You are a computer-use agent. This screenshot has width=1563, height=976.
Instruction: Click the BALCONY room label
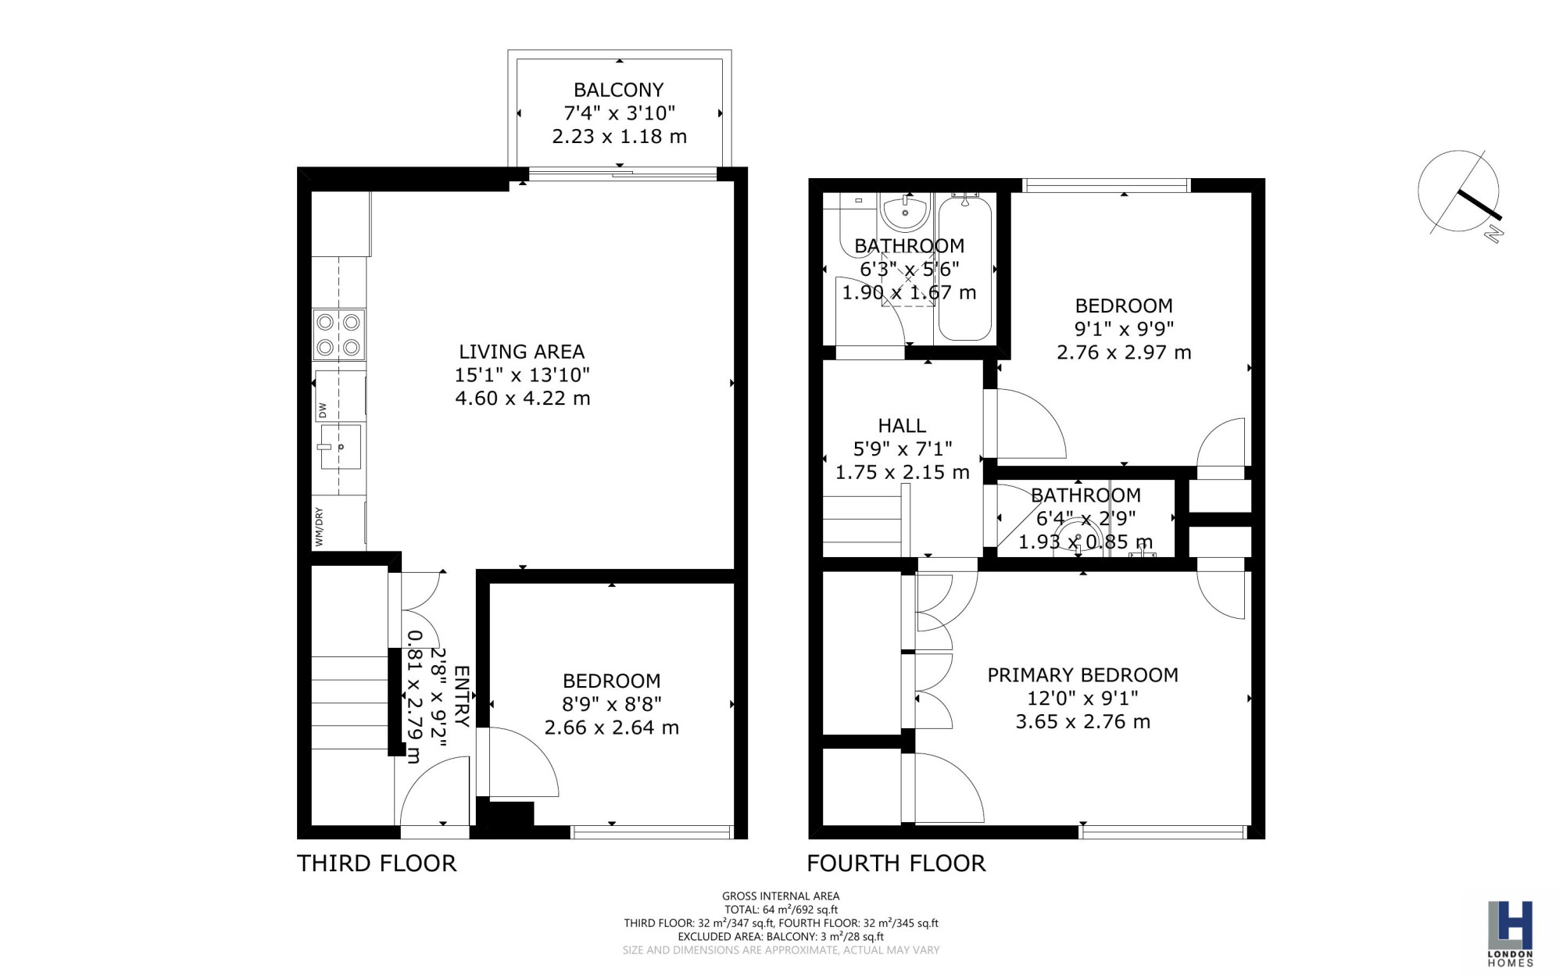tap(618, 90)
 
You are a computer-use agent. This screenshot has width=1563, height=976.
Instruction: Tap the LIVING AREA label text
tap(521, 352)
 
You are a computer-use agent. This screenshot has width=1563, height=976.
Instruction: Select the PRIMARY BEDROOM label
tap(1082, 675)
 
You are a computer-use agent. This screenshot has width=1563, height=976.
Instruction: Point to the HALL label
tap(902, 426)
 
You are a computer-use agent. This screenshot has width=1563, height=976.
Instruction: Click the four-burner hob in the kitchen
tap(338, 334)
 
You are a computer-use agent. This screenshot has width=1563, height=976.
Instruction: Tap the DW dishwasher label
tap(322, 409)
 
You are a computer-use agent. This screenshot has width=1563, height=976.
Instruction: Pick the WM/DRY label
tap(319, 527)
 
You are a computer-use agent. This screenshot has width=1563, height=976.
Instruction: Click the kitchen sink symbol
tap(341, 447)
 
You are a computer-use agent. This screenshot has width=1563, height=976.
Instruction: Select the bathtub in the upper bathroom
tap(965, 267)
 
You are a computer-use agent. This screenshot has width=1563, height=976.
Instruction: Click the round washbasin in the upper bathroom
tap(904, 212)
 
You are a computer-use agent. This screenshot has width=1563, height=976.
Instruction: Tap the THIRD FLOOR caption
tap(377, 863)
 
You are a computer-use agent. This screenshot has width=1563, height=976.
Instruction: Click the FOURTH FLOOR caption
tap(896, 863)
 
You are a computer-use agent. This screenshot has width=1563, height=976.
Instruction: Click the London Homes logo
tap(1510, 933)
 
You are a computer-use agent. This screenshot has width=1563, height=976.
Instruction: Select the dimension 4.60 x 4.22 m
tap(522, 399)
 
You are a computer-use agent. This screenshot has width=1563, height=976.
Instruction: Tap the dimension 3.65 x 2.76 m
tap(1082, 722)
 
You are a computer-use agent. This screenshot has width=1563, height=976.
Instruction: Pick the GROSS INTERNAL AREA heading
tap(781, 896)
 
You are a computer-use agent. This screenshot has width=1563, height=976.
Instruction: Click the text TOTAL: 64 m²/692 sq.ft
tap(781, 910)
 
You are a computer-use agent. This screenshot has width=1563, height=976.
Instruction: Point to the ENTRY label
tap(462, 696)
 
